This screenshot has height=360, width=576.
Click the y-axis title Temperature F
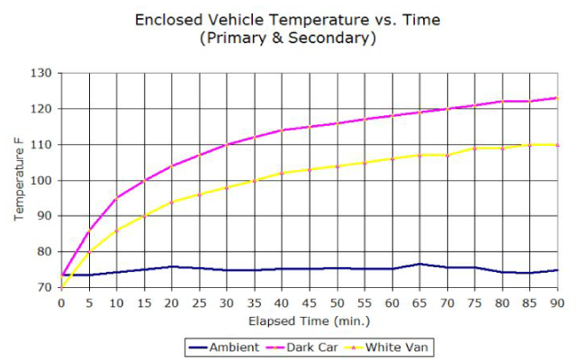click(x=19, y=180)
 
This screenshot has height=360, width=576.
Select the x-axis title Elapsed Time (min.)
click(x=310, y=319)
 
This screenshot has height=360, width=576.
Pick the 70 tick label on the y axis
click(x=44, y=288)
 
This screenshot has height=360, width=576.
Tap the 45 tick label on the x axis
click(x=310, y=303)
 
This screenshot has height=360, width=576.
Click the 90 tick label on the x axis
click(x=558, y=303)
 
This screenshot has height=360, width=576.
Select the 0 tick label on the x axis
click(x=61, y=303)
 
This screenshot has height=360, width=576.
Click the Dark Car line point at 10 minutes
click(x=116, y=198)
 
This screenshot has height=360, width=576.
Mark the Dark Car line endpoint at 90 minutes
click(x=558, y=98)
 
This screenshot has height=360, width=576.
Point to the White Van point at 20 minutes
click(x=172, y=202)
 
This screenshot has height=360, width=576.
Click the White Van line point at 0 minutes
click(x=61, y=287)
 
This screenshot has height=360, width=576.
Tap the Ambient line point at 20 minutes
click(x=172, y=266)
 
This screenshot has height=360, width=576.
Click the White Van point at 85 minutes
click(x=530, y=144)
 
